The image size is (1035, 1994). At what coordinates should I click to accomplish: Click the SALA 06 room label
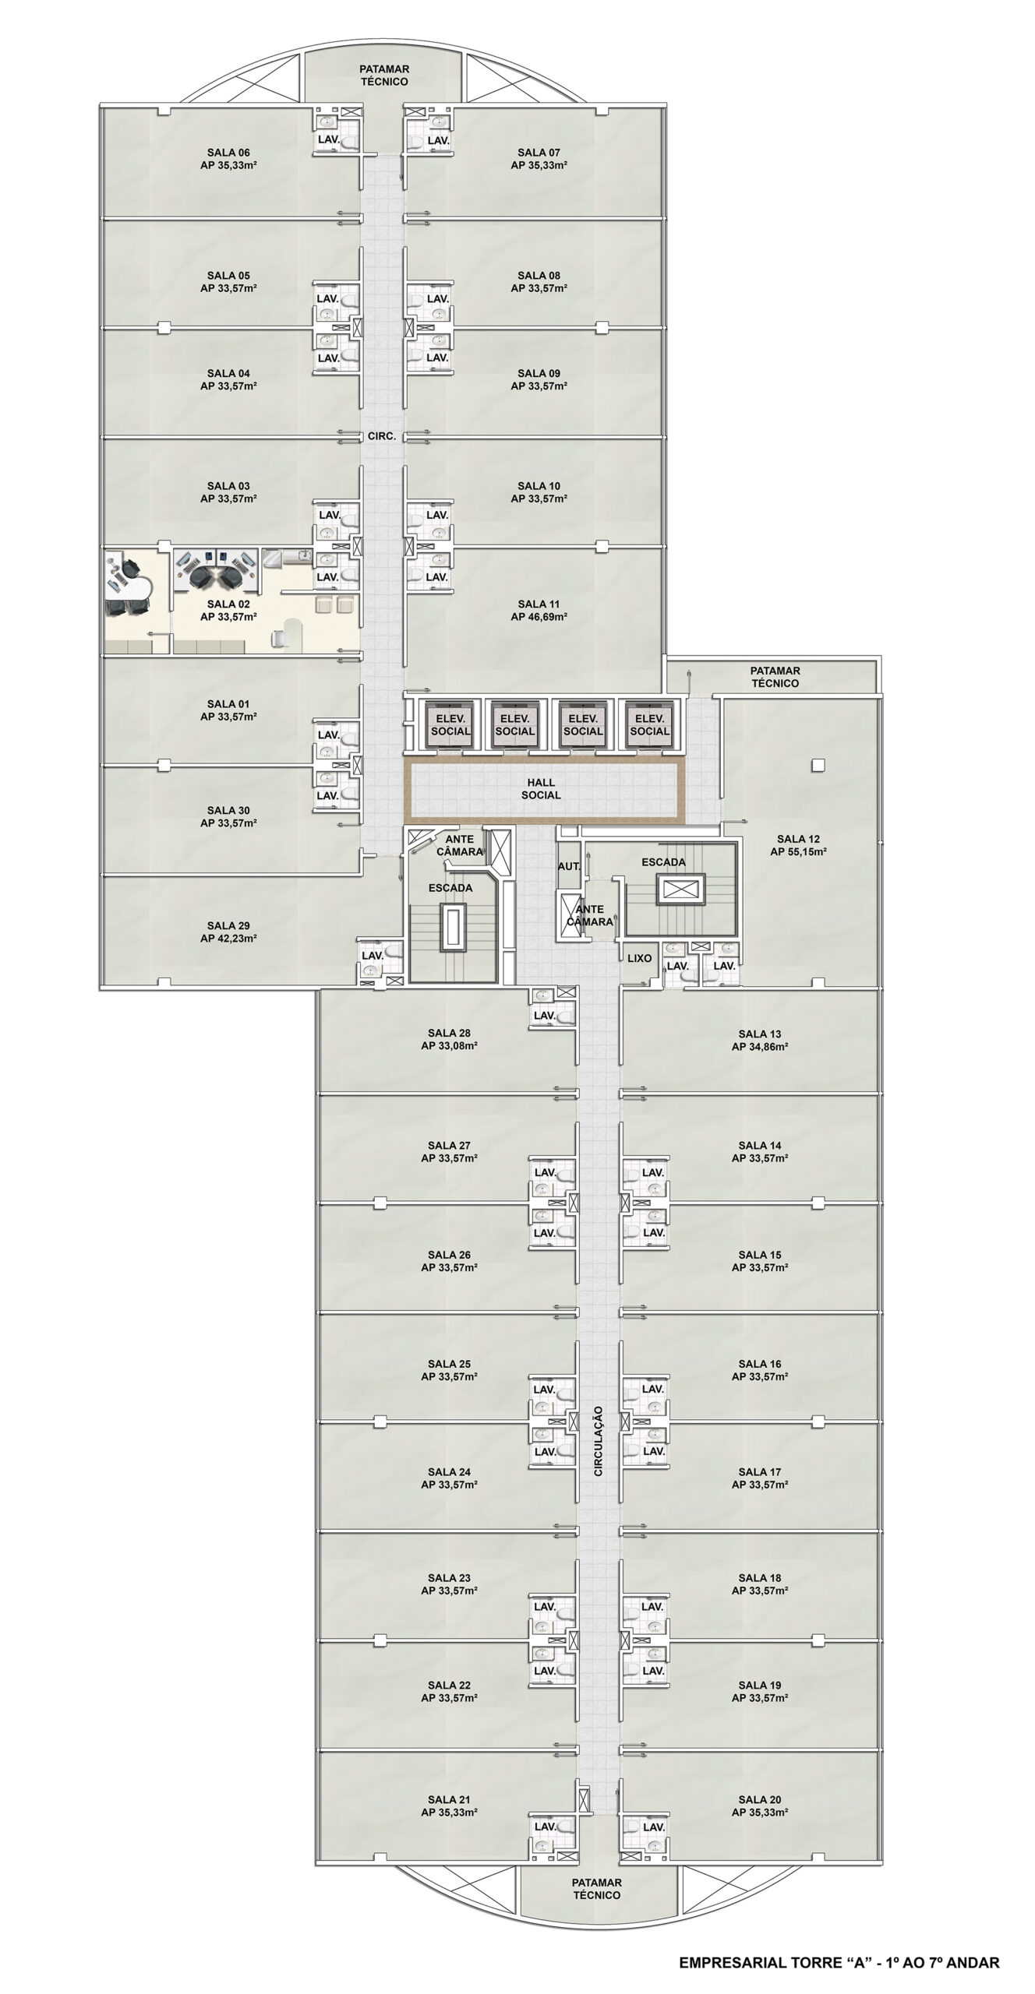click(228, 153)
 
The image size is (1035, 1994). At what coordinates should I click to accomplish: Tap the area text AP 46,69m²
click(539, 617)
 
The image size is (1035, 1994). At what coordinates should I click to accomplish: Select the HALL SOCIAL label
click(541, 789)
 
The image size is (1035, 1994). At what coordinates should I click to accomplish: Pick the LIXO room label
click(639, 959)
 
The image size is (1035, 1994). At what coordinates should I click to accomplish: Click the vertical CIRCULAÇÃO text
click(599, 1441)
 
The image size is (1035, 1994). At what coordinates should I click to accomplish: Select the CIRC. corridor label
click(382, 437)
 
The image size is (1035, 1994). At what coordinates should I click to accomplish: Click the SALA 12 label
click(798, 839)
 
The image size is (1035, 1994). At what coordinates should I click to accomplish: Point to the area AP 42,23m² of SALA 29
click(228, 939)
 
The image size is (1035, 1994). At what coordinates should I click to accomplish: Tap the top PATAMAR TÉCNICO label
click(384, 76)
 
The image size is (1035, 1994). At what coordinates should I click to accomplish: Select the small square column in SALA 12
click(817, 765)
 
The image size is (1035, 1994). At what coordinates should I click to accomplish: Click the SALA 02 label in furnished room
click(228, 604)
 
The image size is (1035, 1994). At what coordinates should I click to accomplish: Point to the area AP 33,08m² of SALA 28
click(449, 1046)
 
